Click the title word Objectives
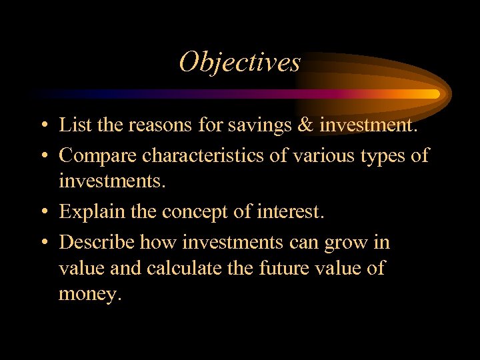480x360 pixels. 239,63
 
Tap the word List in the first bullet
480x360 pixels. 71,125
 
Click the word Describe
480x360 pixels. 96,243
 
